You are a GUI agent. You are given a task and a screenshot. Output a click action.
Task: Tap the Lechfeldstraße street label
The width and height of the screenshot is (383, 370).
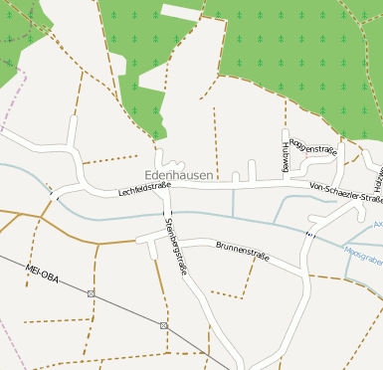(x=144, y=186)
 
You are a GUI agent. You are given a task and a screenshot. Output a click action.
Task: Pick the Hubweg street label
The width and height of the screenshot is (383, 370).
(x=286, y=156)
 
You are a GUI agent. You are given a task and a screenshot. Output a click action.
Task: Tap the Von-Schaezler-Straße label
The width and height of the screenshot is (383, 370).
(x=345, y=192)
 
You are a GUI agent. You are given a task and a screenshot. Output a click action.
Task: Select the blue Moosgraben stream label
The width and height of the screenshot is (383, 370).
(x=363, y=253)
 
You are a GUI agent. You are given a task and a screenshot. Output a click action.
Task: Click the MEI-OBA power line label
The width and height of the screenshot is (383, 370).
(x=43, y=274)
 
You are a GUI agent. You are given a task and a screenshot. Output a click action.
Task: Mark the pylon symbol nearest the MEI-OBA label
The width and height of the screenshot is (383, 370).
(x=92, y=293)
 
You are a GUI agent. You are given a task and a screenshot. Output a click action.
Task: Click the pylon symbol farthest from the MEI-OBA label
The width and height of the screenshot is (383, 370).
(x=164, y=325)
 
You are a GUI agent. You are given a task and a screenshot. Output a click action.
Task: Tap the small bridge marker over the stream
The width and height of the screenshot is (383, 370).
(x=308, y=234)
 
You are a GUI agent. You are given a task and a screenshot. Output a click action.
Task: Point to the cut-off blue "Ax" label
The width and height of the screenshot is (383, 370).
(x=378, y=225)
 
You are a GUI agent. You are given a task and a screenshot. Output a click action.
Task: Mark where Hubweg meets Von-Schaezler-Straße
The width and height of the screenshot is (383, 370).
(x=285, y=184)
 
